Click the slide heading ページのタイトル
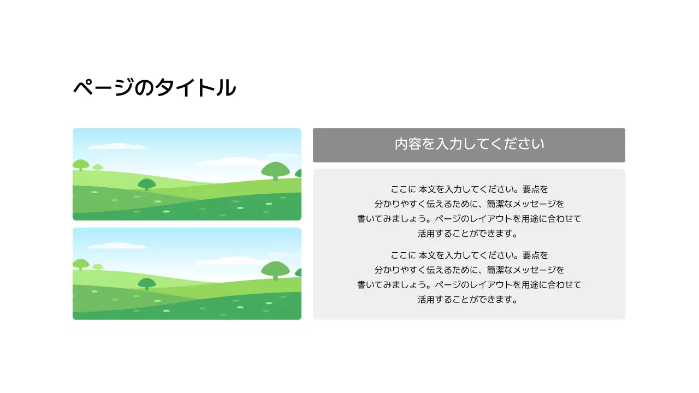point(155,88)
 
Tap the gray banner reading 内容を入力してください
point(469,145)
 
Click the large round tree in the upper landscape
point(275,170)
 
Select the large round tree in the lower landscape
point(275,269)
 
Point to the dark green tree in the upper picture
point(146,184)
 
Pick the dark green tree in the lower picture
point(146,283)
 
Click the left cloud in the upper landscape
point(117,146)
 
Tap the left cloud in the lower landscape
point(117,246)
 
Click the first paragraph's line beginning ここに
point(469,189)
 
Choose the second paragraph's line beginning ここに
point(469,255)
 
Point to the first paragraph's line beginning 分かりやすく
point(469,204)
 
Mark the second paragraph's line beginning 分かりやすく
point(469,270)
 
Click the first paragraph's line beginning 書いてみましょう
point(469,219)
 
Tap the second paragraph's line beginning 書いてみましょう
point(469,284)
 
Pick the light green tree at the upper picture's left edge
point(81,164)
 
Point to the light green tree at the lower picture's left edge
point(81,264)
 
